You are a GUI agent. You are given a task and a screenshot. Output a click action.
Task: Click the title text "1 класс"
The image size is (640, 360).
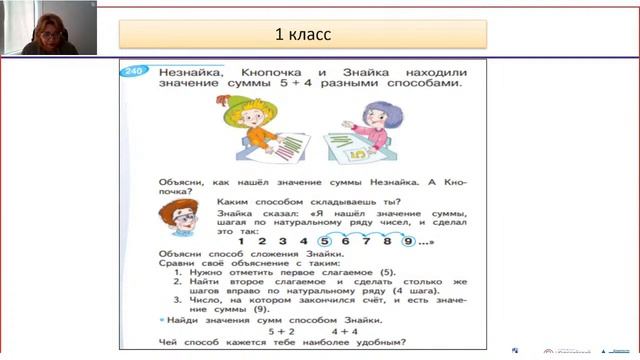(x=303, y=35)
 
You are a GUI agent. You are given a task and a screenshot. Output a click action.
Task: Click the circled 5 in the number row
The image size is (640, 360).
(x=324, y=241)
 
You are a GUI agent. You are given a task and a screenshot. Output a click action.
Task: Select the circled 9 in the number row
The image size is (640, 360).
(x=408, y=241)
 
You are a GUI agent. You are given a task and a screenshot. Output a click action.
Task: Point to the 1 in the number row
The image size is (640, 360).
(x=241, y=241)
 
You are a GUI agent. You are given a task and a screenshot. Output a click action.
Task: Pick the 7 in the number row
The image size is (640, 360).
(x=366, y=241)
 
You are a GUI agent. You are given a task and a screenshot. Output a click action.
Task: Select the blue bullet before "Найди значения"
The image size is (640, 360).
(x=162, y=318)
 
